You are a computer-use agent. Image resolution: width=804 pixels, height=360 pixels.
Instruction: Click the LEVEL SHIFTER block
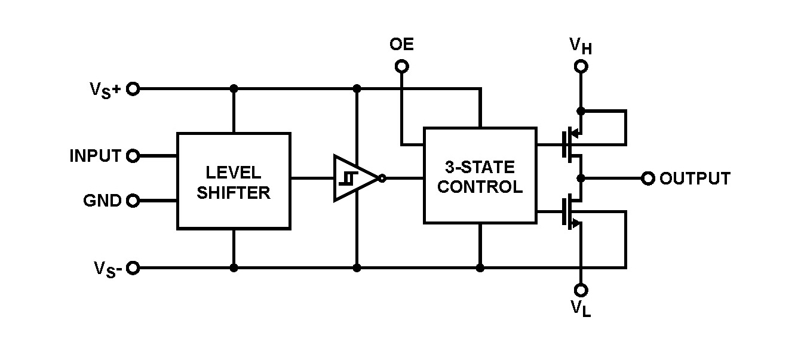point(234,181)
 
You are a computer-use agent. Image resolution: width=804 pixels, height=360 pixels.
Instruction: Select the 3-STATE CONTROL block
point(480,176)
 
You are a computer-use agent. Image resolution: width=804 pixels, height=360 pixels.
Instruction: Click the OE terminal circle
point(402,66)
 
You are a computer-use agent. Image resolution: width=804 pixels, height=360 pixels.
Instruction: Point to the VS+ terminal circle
point(133,89)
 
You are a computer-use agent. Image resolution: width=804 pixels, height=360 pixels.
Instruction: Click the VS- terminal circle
point(133,267)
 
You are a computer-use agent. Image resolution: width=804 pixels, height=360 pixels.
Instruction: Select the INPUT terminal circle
point(133,156)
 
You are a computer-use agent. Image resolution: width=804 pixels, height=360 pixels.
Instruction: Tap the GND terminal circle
point(133,201)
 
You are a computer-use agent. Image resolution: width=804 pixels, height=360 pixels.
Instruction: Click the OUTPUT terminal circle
point(648,178)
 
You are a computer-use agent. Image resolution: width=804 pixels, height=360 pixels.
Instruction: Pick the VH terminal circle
point(581,66)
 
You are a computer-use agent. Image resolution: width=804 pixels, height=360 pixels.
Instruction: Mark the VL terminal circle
point(581,290)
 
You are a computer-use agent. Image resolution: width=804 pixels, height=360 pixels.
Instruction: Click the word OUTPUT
point(695,179)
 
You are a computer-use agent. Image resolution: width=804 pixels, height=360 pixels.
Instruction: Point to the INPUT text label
point(96,156)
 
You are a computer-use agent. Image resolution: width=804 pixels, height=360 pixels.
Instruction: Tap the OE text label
point(401,45)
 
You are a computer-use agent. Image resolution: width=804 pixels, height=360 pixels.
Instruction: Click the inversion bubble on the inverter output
point(382,178)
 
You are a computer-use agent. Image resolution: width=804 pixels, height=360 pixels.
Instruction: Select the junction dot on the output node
point(580,178)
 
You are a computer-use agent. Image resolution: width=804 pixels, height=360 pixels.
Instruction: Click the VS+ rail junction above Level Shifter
point(234,89)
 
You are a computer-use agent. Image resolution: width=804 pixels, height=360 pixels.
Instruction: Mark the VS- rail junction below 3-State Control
point(480,268)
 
